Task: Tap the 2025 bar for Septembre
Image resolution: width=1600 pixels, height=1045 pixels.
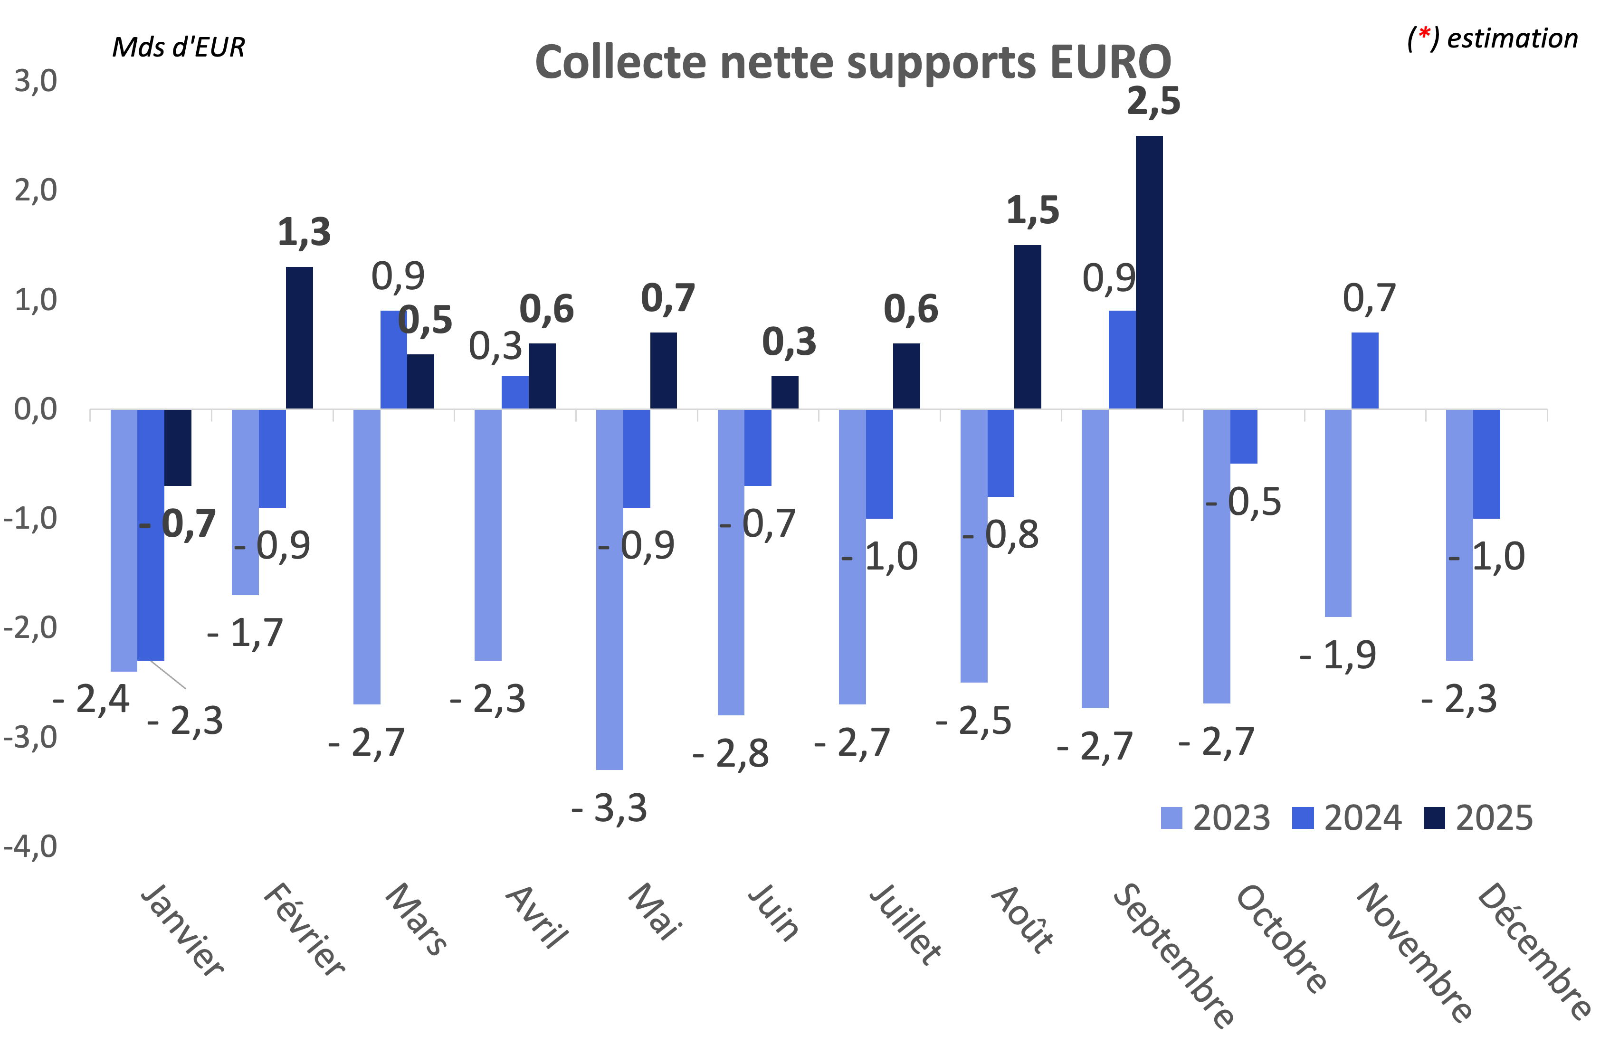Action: (x=1149, y=272)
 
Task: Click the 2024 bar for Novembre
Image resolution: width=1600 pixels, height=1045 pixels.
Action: (x=1365, y=370)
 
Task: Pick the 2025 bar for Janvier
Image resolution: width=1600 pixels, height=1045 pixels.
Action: (x=178, y=447)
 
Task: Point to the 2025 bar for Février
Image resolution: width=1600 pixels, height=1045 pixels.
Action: (x=299, y=338)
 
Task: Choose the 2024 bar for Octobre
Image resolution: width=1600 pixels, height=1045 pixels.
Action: (x=1244, y=436)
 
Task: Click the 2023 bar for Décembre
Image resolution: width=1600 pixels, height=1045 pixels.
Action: (x=1459, y=534)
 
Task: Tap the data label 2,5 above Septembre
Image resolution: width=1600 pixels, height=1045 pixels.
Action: (x=1153, y=102)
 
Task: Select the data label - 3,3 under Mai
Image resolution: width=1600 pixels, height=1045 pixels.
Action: (x=609, y=808)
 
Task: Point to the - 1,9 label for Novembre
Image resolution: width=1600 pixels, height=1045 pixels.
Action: (x=1338, y=655)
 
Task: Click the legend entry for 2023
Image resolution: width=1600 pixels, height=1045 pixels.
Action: (x=1216, y=818)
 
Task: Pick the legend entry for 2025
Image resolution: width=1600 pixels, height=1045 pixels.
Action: (x=1479, y=818)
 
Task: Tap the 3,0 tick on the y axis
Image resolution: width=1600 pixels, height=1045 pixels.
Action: (x=36, y=81)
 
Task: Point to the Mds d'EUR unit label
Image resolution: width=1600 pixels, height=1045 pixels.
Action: (x=178, y=47)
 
